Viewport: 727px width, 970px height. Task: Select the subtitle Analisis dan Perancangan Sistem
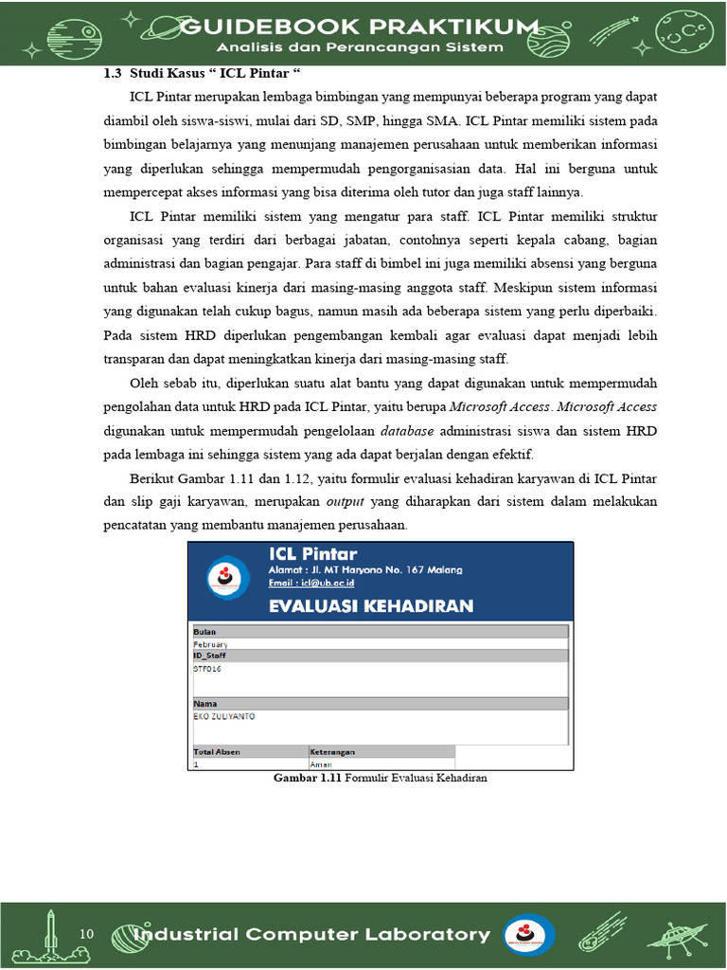(x=363, y=47)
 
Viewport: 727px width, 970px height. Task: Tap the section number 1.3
(x=114, y=74)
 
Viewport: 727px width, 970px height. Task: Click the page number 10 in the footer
(x=87, y=934)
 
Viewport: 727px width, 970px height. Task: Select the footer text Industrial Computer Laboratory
(x=312, y=935)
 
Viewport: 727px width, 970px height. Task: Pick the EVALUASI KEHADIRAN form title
(x=371, y=605)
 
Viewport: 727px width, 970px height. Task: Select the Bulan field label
(x=204, y=631)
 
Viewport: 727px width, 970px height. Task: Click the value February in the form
(x=210, y=644)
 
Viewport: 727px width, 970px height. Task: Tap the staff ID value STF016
(x=207, y=668)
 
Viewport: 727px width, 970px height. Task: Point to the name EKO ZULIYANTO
(x=224, y=716)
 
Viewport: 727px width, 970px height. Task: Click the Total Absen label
(x=217, y=751)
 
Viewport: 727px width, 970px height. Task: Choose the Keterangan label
(x=332, y=751)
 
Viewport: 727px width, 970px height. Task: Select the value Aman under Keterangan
(x=321, y=763)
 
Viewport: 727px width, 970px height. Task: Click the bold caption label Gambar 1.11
(x=308, y=778)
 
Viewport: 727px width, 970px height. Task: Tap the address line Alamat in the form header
(x=365, y=569)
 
